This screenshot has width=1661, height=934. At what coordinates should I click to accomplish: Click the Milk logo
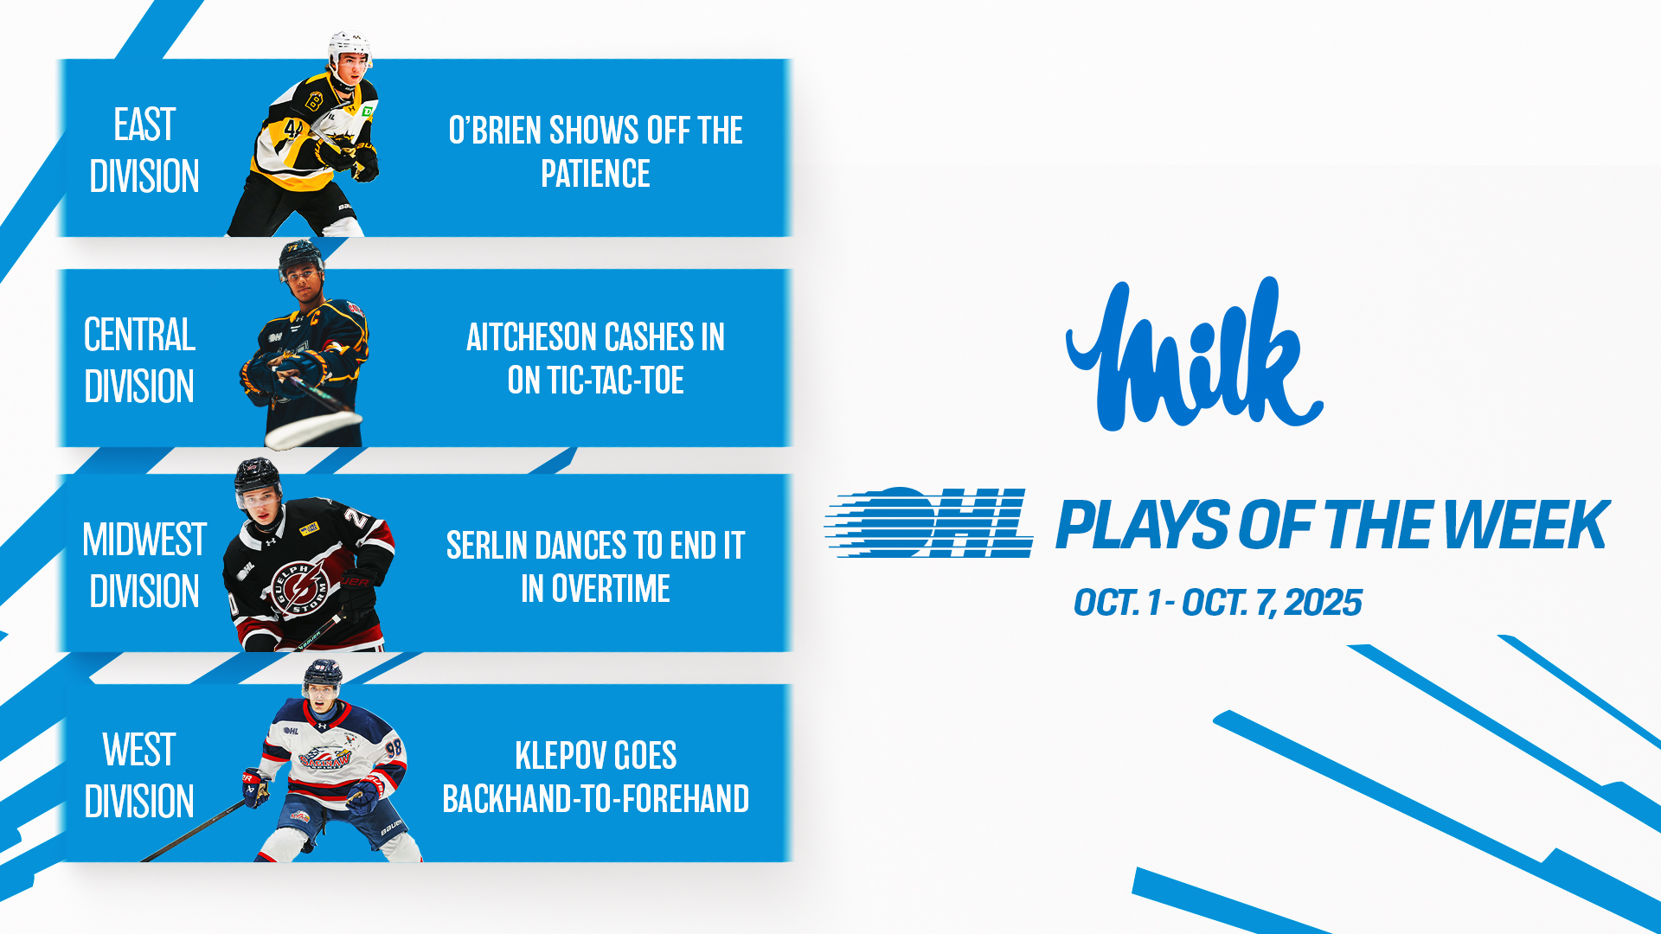click(x=1194, y=355)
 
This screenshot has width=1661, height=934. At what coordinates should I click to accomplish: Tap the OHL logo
click(x=928, y=522)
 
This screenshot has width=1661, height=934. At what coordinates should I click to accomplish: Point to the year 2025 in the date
click(x=1324, y=603)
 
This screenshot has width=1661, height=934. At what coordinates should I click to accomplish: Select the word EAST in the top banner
click(x=144, y=125)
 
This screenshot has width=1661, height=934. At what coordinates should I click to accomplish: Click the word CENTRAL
click(x=139, y=335)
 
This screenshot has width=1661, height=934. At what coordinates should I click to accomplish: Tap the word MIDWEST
click(x=144, y=540)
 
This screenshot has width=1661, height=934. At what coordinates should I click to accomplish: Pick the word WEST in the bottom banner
click(x=139, y=750)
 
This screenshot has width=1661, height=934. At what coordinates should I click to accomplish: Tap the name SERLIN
click(x=487, y=546)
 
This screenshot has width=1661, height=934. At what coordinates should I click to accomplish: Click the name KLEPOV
click(x=553, y=756)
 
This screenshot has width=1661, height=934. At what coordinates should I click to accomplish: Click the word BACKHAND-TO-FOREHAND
click(x=596, y=799)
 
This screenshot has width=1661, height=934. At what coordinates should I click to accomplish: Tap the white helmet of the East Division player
click(x=349, y=47)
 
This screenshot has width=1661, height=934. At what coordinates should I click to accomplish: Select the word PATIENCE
click(x=596, y=174)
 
